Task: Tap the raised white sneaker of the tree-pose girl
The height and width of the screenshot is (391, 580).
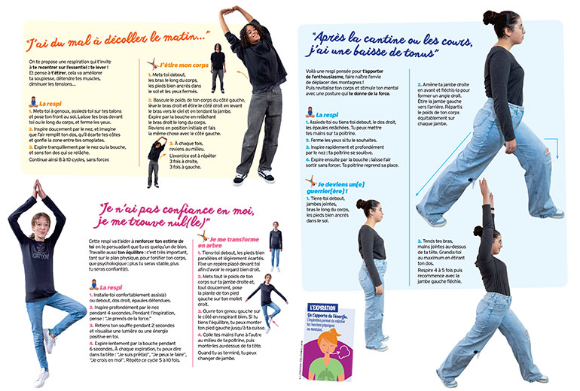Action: click(49, 340)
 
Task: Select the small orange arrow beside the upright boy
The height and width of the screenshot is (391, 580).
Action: click(241, 74)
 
